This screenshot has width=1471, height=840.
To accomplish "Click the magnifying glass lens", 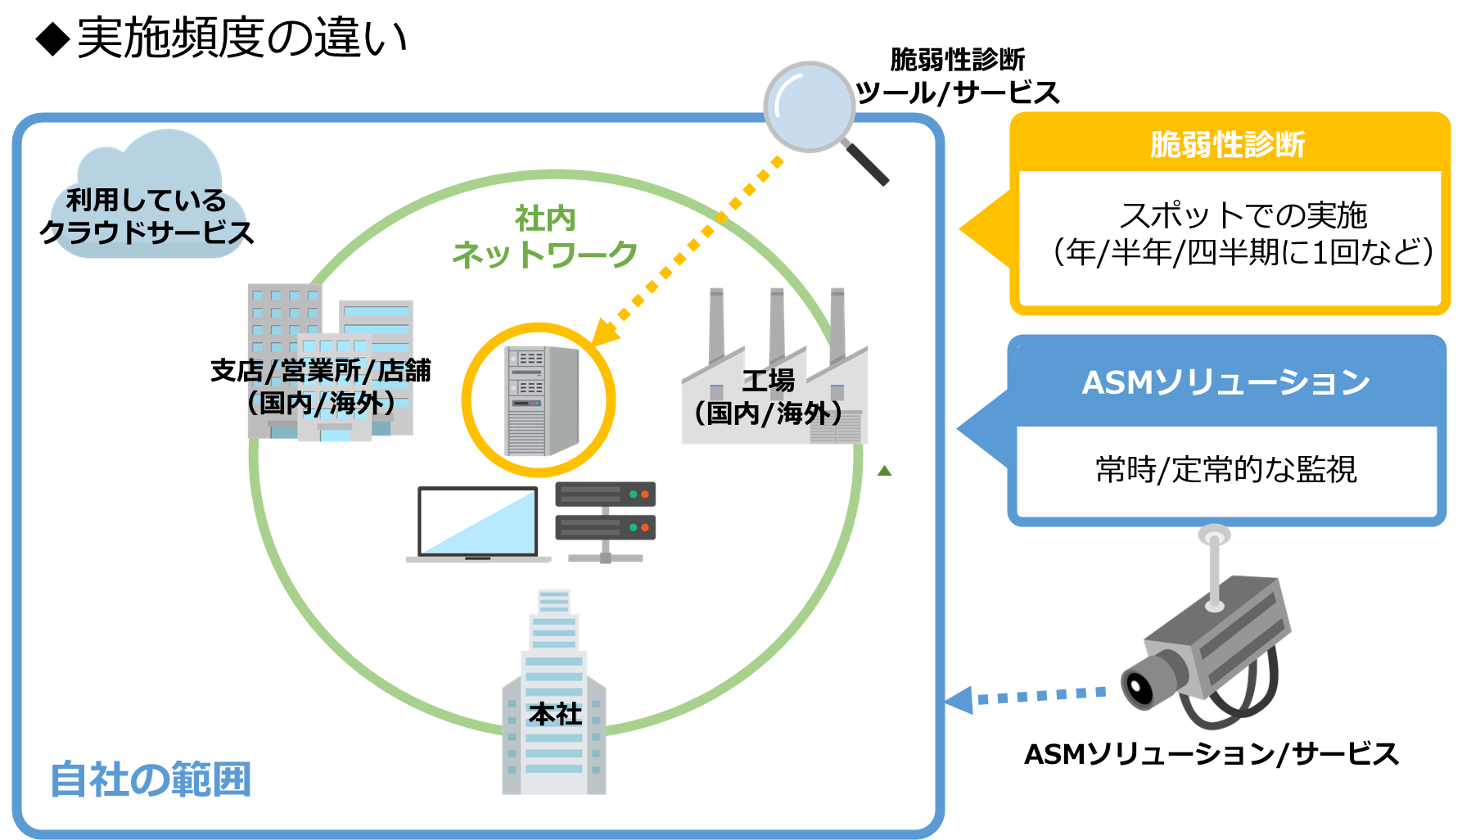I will [x=809, y=106].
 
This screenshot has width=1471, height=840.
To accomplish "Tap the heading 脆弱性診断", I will [x=1226, y=144].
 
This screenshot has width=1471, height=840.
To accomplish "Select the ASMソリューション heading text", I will [x=1225, y=382].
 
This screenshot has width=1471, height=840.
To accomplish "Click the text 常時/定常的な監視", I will [x=1225, y=470].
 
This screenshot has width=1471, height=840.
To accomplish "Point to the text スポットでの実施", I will [x=1242, y=215].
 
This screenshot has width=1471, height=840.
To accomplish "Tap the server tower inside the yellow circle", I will [x=540, y=400].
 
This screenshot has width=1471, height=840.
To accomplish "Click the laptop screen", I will [x=478, y=522].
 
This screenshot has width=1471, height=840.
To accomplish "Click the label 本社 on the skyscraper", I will [x=554, y=714].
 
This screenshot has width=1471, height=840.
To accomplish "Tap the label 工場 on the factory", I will [x=768, y=381].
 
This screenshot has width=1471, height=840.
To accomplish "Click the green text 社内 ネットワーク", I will [x=544, y=237].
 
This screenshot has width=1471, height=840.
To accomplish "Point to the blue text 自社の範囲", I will [x=151, y=779].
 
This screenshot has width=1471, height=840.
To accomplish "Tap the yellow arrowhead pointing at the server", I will [x=602, y=334].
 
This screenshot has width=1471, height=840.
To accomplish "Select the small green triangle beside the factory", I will [x=884, y=471].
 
